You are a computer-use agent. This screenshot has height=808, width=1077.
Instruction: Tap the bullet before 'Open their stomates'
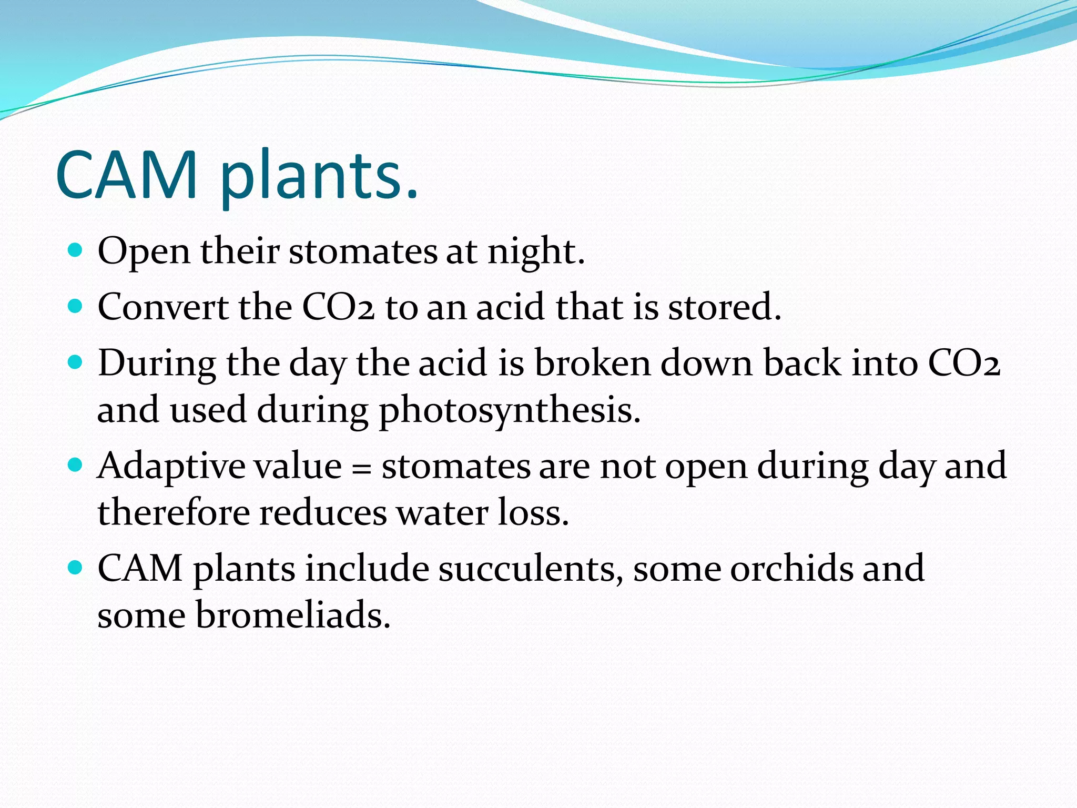tap(76, 249)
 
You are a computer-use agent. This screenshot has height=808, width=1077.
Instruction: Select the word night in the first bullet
tap(535, 252)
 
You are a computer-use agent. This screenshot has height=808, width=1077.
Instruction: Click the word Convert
tap(163, 307)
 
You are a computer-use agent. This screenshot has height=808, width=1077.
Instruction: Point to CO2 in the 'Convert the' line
tap(338, 307)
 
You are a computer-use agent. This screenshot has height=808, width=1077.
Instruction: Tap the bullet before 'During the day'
tap(76, 362)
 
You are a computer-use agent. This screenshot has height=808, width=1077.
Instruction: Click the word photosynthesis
tap(509, 410)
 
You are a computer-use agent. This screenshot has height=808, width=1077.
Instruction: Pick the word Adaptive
tap(171, 467)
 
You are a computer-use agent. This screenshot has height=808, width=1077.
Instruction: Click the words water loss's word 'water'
tap(442, 513)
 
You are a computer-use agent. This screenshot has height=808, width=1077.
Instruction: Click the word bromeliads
tap(293, 615)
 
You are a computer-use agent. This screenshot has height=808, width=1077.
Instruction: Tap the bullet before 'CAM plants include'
tap(76, 568)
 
